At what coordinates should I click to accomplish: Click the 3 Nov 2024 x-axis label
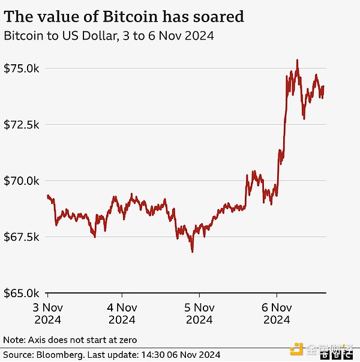47,314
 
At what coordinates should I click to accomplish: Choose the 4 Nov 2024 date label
122,314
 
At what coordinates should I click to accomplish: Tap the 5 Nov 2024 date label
199,314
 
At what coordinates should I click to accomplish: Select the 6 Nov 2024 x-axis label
277,314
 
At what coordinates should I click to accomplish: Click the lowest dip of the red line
192,252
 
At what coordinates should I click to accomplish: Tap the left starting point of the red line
47,196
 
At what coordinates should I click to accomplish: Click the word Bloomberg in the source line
62,354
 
